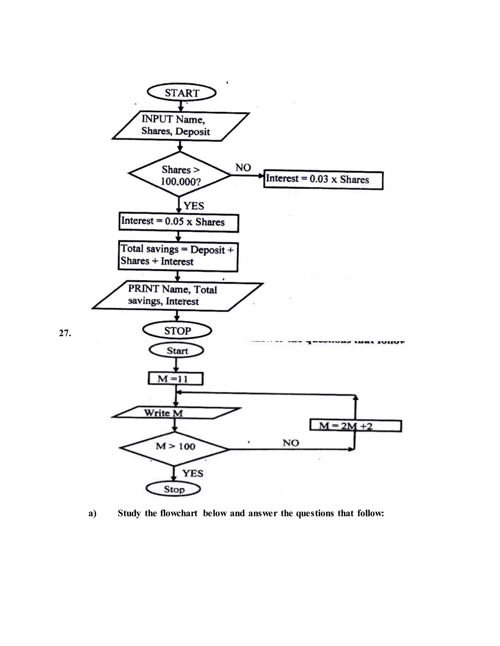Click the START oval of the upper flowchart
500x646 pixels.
181,93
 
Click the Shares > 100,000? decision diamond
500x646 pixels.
180,175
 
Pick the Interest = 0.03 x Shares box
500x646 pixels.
323,180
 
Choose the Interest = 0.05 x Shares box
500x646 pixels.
179,222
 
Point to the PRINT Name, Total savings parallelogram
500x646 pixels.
177,296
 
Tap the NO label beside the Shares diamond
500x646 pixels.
243,168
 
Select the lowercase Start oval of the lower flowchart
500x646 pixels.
177,351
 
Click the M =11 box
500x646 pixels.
175,379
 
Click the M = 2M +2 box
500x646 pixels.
355,426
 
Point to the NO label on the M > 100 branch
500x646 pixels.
291,443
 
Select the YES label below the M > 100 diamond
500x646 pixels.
193,473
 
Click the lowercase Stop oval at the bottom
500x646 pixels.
174,489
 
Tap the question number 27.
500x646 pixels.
65,333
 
